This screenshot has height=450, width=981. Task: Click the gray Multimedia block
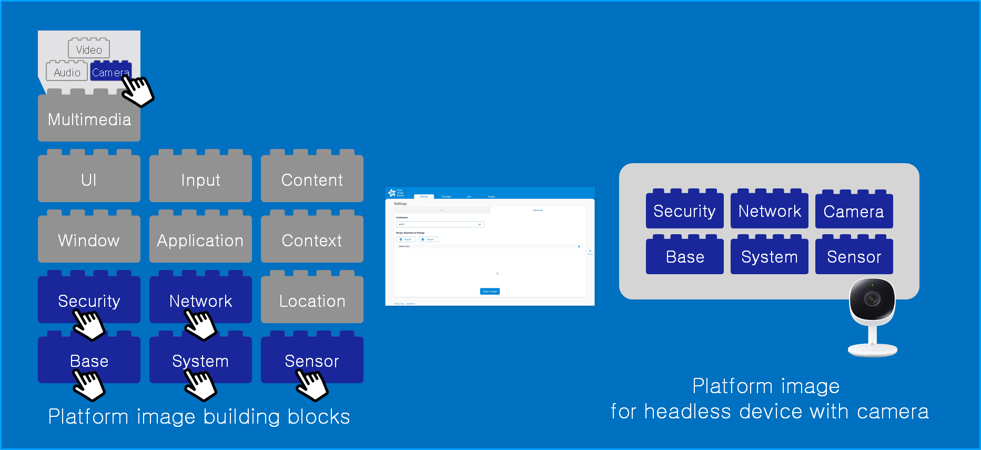(89, 119)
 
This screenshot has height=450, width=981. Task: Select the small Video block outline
(89, 49)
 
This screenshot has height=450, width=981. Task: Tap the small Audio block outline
(67, 72)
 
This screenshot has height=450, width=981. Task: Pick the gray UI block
(89, 179)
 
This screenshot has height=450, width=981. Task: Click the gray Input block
(200, 179)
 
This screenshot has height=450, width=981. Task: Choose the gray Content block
(312, 179)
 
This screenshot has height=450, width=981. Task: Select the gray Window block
(89, 240)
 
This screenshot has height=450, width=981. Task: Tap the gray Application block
(200, 240)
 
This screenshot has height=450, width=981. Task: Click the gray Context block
(312, 240)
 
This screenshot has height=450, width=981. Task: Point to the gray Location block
(312, 301)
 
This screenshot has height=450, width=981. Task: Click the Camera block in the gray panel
(854, 211)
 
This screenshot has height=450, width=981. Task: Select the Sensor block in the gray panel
(854, 257)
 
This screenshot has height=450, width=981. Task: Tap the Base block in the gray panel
(684, 257)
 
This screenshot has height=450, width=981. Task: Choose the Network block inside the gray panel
(769, 211)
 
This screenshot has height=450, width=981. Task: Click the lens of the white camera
(872, 299)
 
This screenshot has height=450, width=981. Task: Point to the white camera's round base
(873, 349)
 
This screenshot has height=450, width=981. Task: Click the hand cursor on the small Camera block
(137, 91)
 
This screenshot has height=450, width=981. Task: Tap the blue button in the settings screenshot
(490, 291)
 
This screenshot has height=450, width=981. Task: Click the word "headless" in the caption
(687, 412)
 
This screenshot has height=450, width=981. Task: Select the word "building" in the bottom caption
(241, 417)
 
